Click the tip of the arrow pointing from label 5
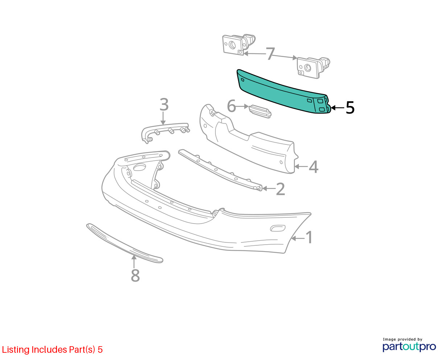(x=331, y=108)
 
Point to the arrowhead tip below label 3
(x=163, y=125)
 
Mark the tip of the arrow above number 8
(x=134, y=255)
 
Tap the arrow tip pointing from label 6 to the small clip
(x=248, y=106)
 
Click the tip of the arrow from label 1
(x=291, y=238)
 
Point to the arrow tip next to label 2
(x=262, y=188)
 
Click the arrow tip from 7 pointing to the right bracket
(x=297, y=58)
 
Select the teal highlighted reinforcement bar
(x=284, y=92)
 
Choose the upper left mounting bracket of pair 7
(x=239, y=44)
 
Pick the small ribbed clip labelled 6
(x=260, y=111)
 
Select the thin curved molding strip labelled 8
(x=125, y=244)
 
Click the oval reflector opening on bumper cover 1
(x=277, y=228)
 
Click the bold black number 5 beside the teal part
(x=350, y=108)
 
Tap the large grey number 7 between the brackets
(x=270, y=54)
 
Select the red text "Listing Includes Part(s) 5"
(x=52, y=350)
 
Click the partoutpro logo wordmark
(x=409, y=347)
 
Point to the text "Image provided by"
(x=403, y=339)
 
